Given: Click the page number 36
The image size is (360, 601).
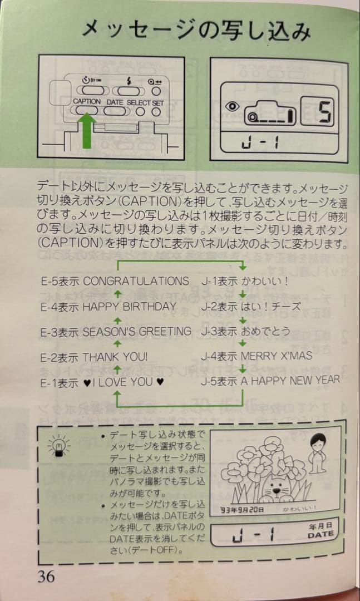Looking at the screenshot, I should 47,576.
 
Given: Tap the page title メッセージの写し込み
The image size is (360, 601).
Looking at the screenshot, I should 195,29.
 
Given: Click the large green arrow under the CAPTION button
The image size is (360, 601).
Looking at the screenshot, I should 86,130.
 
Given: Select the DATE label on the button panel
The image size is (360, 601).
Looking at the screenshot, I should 115,102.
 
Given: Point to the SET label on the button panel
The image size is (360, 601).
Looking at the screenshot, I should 158,102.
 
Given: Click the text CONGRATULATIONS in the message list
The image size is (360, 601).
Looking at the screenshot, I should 136,281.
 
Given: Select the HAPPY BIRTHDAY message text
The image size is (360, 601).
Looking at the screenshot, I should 129,306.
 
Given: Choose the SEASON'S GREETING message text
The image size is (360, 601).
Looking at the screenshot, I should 136,331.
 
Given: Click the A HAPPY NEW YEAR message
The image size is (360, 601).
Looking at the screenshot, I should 290,381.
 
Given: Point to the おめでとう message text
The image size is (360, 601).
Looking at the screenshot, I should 265,331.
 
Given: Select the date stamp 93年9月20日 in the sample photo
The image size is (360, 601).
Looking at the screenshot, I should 241,509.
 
